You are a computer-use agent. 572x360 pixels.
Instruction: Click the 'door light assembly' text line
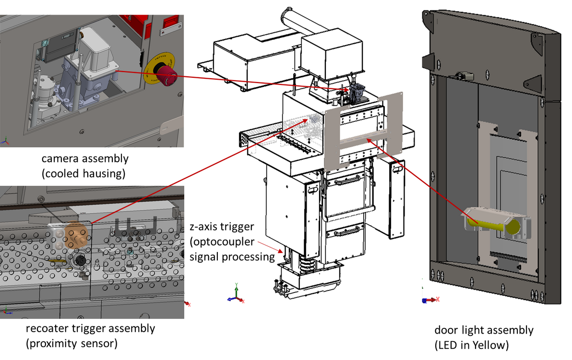coord(484,330)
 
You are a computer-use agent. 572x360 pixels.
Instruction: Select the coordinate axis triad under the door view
coord(429,298)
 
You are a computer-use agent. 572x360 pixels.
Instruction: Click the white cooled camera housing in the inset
coord(98,52)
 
